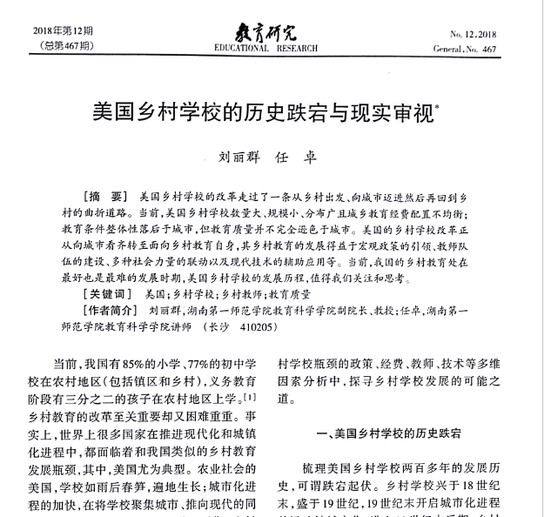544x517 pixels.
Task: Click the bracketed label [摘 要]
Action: pyautogui.click(x=106, y=196)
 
